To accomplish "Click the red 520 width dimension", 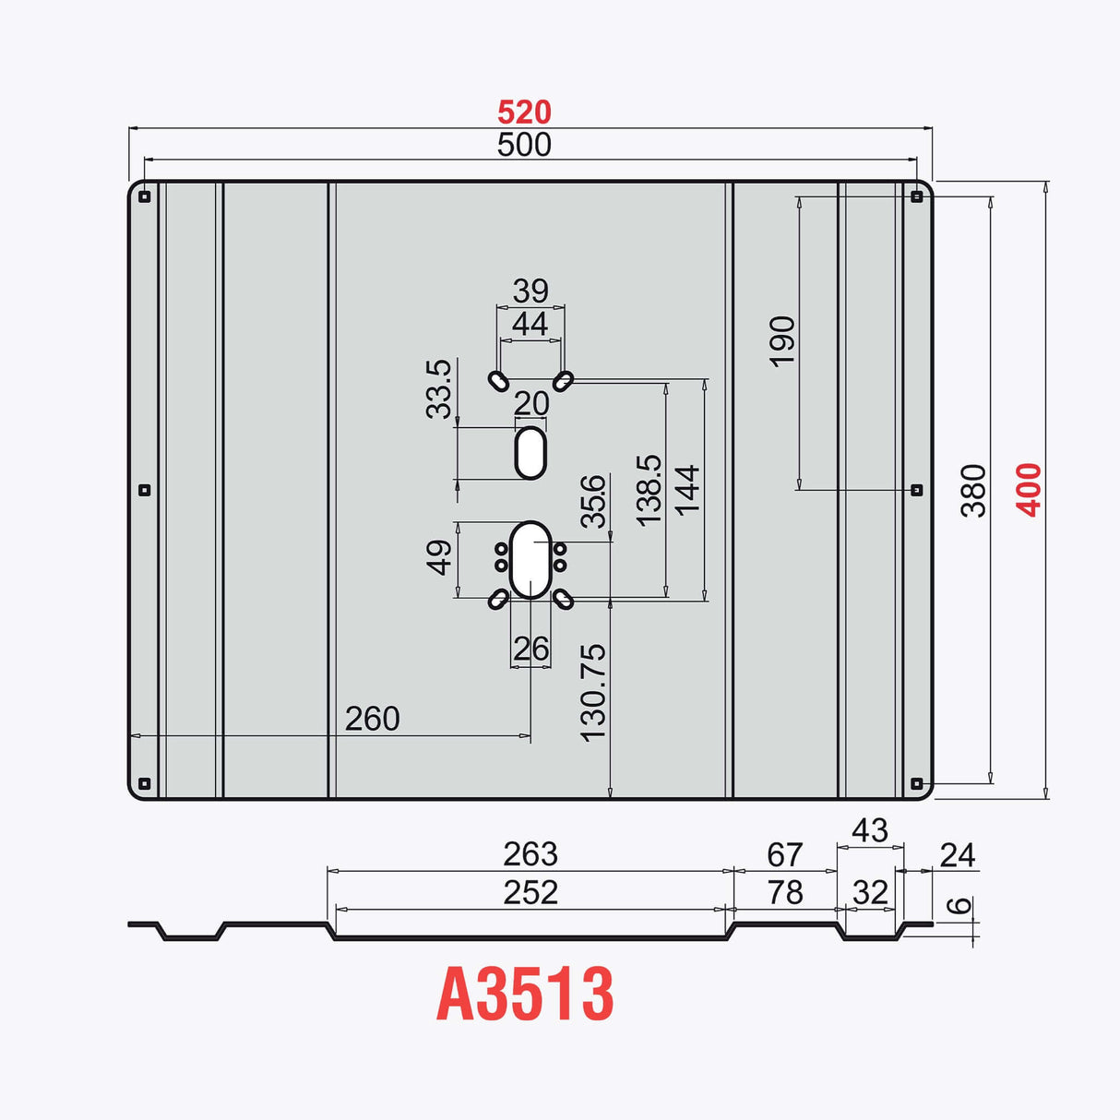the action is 524,113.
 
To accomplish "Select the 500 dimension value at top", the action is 524,145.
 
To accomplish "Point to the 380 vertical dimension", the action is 973,490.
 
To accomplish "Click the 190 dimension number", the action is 782,341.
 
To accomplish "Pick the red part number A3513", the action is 525,995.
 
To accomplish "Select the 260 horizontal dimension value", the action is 372,719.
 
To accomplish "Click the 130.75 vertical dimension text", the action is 593,692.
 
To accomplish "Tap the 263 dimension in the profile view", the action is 530,854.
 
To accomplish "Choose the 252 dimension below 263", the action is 530,892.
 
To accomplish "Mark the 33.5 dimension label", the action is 439,388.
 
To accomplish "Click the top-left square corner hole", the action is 144,197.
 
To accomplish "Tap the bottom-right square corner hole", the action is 917,783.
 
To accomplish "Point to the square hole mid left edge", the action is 144,490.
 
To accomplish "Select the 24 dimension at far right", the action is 957,855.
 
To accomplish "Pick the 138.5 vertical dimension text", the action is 649,491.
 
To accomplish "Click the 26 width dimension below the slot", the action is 530,648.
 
